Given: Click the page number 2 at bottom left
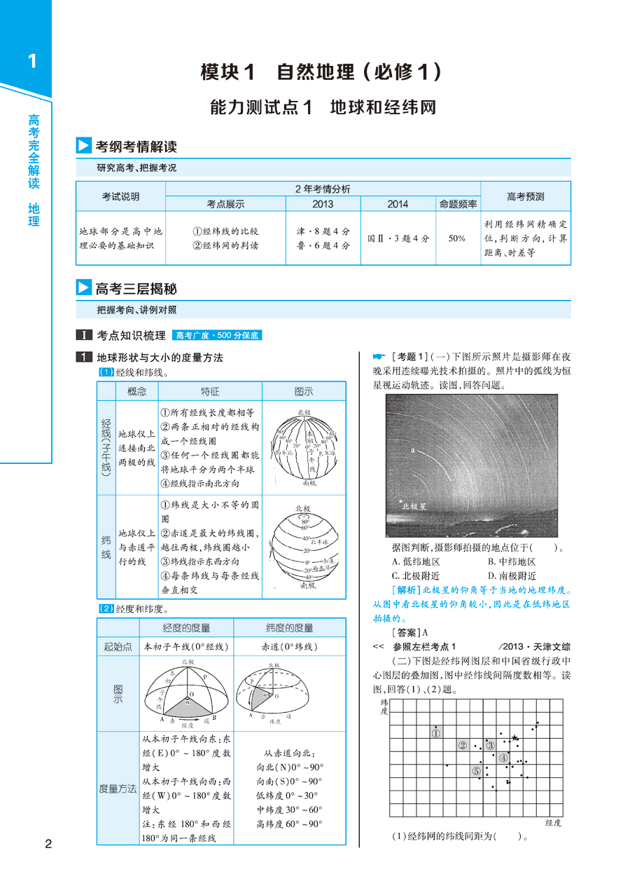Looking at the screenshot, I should pos(48,843).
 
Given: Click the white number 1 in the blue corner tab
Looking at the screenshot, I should pos(31,62).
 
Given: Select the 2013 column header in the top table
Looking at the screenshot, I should pos(323,204).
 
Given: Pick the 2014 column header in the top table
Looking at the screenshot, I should pos(398,204).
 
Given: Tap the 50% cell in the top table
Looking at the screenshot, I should pos(457,238).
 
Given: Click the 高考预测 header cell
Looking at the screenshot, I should pos(525,197).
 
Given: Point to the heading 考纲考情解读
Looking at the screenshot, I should pos(136,146).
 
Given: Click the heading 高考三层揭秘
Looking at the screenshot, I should pos(136,288).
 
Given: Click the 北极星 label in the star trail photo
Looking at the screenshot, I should pos(413,505).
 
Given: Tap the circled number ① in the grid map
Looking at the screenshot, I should pos(435,733).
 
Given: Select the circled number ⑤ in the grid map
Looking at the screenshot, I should pos(476,771).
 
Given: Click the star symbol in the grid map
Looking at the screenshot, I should pos(515,737).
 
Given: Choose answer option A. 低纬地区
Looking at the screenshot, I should pos(416,562).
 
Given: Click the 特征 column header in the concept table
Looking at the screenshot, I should pos(209,391).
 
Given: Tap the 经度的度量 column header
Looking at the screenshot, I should pos(186,627).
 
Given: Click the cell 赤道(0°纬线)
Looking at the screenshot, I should pos(289,647).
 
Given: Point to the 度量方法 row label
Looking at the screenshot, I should pos(118,788).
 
